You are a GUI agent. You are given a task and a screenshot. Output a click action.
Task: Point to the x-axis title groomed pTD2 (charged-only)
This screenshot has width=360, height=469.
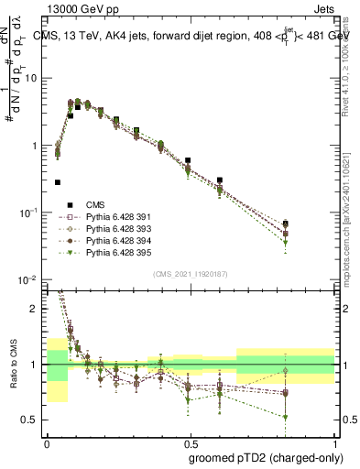266,455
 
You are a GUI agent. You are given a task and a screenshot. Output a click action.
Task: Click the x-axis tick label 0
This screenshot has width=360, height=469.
47,441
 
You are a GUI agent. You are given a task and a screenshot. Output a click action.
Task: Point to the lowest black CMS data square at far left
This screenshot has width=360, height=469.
58,182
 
